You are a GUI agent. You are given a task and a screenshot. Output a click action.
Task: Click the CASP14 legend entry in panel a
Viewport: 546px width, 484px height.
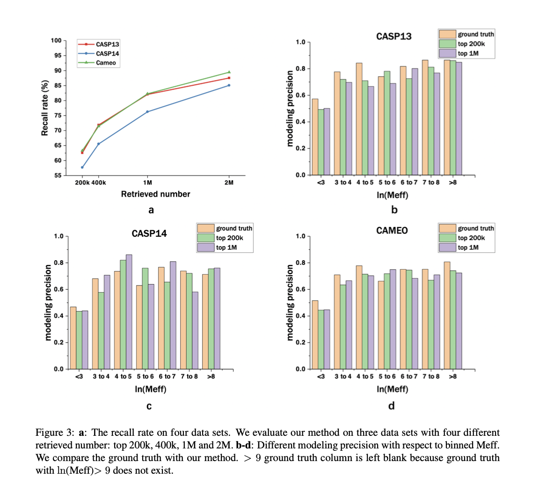tap(107, 53)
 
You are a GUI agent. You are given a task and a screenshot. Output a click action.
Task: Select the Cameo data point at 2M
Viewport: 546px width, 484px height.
tap(229, 72)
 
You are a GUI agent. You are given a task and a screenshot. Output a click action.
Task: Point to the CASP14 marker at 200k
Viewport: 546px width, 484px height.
tap(82, 167)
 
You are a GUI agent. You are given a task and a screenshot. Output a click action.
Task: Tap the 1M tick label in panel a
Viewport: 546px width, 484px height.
tap(147, 183)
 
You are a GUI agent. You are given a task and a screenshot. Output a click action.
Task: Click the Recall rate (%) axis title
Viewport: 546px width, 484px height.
tap(45, 108)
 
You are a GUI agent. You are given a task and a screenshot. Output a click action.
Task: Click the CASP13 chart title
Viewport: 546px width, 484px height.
tap(394, 36)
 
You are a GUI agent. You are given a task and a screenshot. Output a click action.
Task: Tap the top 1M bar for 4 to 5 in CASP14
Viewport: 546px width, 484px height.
tap(129, 312)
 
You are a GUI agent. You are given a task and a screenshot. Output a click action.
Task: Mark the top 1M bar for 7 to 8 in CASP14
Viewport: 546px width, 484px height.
tap(195, 330)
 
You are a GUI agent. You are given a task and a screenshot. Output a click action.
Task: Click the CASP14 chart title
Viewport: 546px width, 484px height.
tap(149, 233)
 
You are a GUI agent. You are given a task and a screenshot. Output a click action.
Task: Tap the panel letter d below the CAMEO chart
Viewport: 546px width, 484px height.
tap(392, 406)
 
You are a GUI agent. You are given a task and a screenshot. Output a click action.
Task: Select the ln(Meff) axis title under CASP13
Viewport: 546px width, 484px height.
tap(392, 195)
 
